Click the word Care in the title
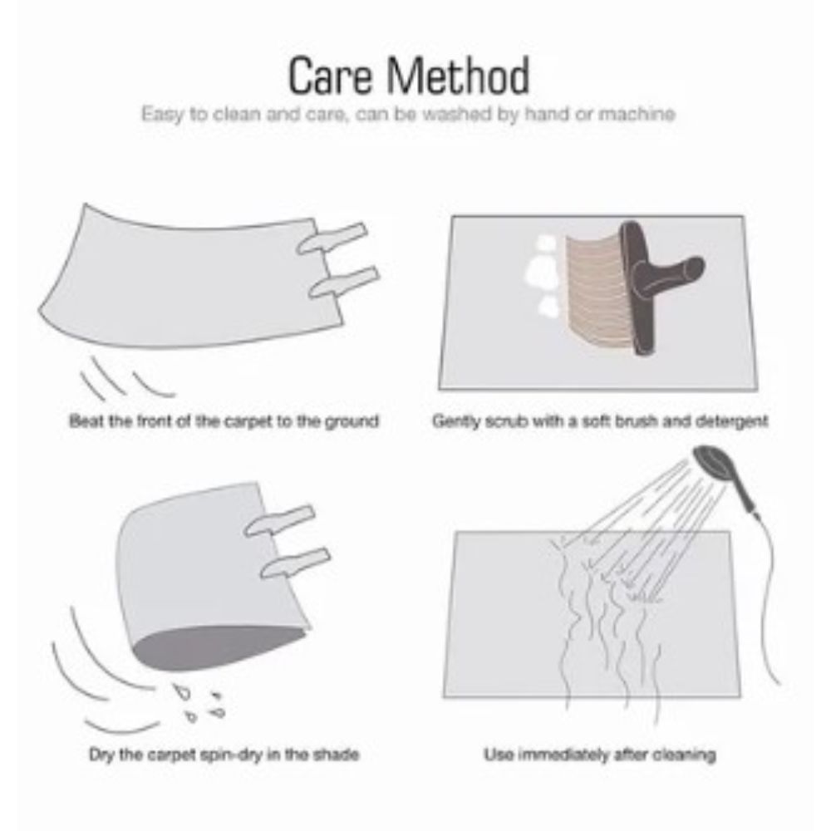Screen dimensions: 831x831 [x=330, y=76]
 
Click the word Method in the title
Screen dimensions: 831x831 [x=458, y=76]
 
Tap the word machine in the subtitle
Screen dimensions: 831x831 [x=637, y=113]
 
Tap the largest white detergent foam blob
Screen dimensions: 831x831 [x=542, y=272]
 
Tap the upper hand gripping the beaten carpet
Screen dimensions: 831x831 [x=332, y=238]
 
